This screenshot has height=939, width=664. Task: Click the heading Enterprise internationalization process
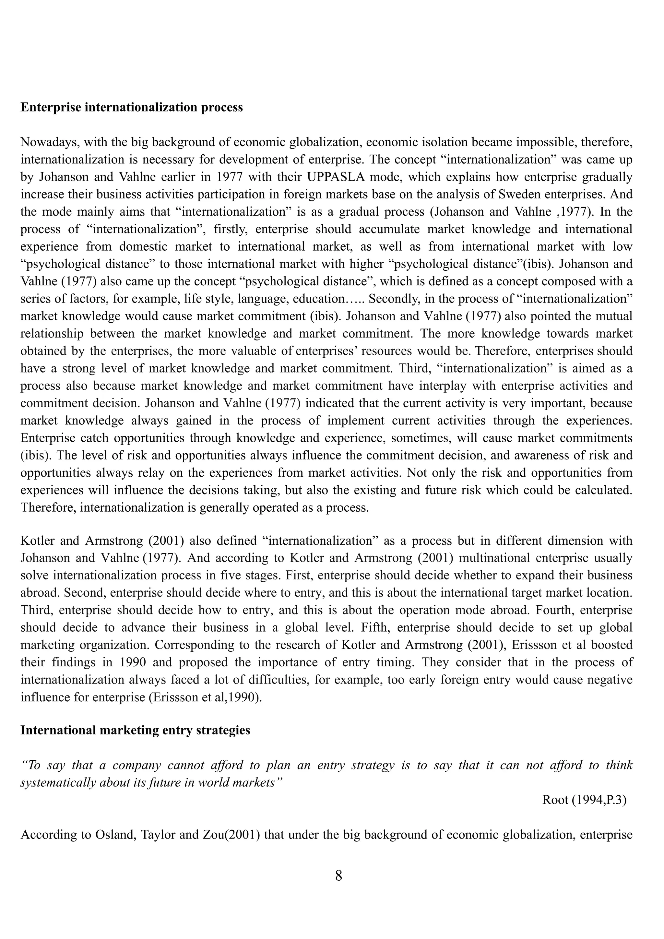[x=132, y=108]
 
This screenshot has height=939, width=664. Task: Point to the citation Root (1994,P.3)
[x=584, y=800]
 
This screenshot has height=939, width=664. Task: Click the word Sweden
[x=520, y=194]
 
